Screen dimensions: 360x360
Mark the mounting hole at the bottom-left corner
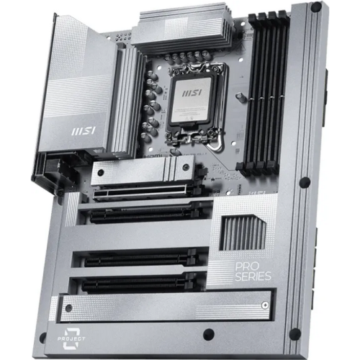(42, 337)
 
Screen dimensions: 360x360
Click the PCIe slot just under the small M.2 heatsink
(144, 192)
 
